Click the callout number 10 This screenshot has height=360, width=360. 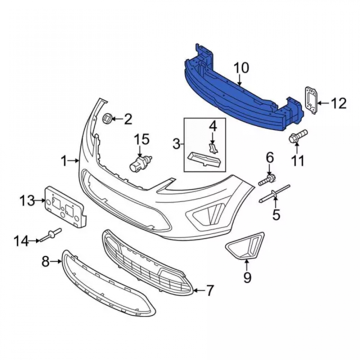pos(241,68)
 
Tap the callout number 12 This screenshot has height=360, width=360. pos(339,103)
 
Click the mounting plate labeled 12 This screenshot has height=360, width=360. pos(311,100)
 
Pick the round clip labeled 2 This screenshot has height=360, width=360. pos(107,118)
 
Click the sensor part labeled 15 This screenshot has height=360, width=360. pos(140,163)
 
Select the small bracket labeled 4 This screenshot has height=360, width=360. pos(213,148)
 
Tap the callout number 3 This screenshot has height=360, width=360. pos(176,144)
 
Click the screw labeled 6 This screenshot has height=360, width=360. pos(267,180)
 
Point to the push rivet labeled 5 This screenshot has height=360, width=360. pos(275,194)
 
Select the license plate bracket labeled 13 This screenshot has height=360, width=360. pos(66,207)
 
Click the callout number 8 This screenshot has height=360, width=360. pos(46,261)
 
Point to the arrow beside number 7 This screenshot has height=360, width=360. pos(199,291)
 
